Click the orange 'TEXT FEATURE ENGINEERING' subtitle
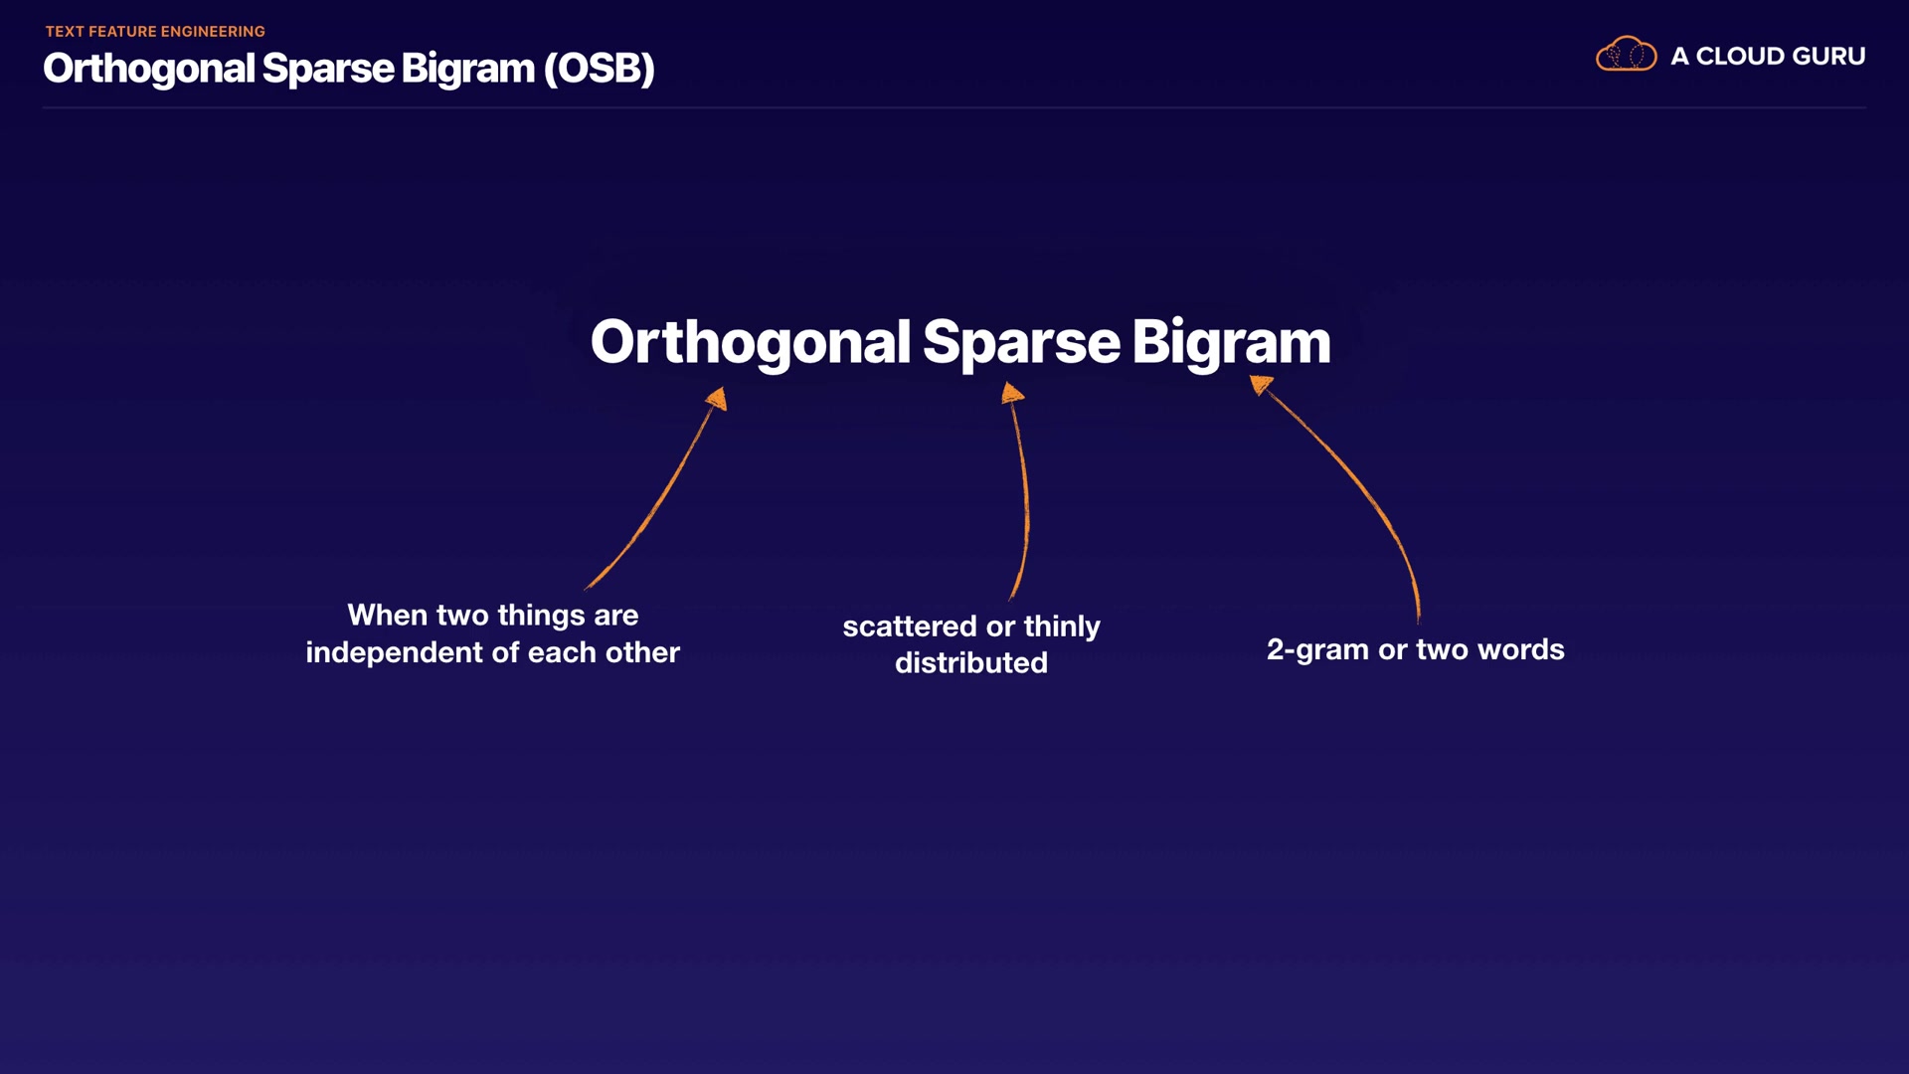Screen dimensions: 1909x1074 coord(155,32)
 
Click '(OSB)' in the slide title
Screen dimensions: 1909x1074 coord(599,69)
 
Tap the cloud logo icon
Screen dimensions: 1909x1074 coord(1626,54)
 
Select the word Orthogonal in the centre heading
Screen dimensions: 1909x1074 coord(751,343)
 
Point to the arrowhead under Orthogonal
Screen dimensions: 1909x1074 coord(717,399)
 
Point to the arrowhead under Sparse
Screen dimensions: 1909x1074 coord(1012,393)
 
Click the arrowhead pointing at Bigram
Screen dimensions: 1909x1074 coord(1261,384)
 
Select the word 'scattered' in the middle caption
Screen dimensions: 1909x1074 coord(910,626)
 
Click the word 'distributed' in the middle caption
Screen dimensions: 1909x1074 coord(971,663)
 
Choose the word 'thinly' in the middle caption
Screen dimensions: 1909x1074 coord(1062,627)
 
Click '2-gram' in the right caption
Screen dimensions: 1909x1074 coord(1317,650)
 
